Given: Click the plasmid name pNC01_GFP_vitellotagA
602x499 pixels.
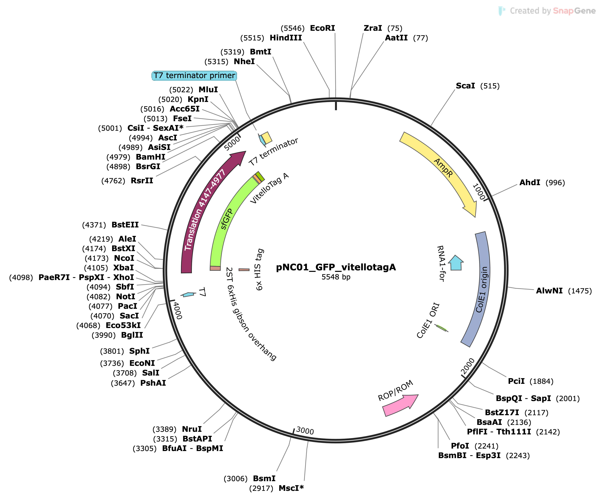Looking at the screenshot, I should pos(336,267).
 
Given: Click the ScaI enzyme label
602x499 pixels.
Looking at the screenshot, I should pos(465,86).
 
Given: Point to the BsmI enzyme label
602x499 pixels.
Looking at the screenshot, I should pos(264,478).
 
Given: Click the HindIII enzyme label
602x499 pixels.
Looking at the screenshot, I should pos(286,38).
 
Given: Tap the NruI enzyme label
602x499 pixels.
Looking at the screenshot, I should pos(192,429).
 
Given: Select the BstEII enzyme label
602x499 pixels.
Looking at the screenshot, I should pos(125,225).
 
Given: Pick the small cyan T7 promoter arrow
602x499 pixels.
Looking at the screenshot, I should pos(189,294).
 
